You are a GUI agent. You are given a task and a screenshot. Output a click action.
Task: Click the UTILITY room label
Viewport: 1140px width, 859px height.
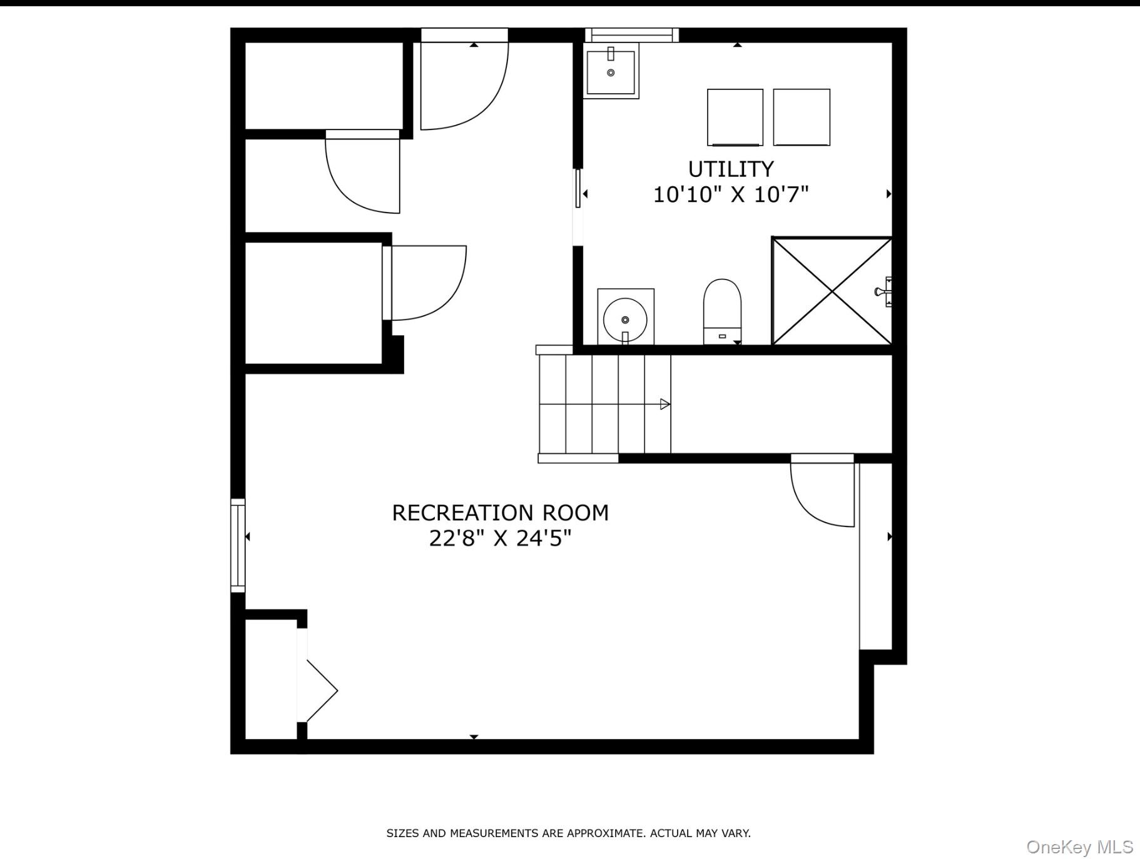point(731,169)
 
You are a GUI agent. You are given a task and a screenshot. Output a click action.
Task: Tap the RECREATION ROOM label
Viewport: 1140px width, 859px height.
point(500,513)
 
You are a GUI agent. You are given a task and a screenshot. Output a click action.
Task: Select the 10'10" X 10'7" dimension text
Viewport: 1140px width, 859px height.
point(731,194)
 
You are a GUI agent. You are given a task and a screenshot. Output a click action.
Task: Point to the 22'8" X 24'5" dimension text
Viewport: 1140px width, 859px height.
point(500,538)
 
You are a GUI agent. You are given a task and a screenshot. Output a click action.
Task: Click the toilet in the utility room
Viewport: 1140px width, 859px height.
point(722,311)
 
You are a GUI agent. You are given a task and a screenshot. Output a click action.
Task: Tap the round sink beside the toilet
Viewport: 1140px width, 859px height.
point(625,317)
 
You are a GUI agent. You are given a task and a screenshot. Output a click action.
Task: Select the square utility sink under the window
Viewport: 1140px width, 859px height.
point(611,71)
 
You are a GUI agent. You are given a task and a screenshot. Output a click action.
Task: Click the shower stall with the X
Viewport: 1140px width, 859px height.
point(832,291)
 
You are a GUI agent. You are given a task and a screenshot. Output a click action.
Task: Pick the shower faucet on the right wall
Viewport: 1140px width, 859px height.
point(884,291)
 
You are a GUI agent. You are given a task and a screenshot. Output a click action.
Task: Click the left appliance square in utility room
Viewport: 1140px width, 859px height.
point(735,118)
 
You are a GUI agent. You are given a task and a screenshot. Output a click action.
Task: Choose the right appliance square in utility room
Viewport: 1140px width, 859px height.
point(802,118)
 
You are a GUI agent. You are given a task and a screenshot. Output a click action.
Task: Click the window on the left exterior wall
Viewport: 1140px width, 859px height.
point(238,545)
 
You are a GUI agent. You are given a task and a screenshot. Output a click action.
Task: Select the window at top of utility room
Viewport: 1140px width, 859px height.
point(632,35)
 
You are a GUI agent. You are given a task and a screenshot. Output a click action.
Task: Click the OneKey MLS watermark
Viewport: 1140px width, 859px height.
point(1080,847)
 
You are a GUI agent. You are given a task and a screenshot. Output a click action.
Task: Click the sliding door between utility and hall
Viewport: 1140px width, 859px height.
point(578,188)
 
